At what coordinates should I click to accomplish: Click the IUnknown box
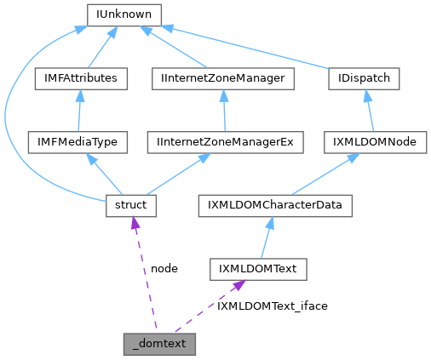pyautogui.click(x=125, y=14)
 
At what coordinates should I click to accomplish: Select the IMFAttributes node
pyautogui.click(x=80, y=78)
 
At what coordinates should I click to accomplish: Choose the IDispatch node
pyautogui.click(x=365, y=78)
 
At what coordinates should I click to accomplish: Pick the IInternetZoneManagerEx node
pyautogui.click(x=224, y=141)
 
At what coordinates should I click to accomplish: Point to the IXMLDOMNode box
pyautogui.click(x=375, y=141)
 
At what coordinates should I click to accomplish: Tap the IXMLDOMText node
pyautogui.click(x=258, y=269)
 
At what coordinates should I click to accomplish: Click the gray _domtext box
pyautogui.click(x=160, y=344)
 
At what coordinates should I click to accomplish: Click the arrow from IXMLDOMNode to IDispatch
pyautogui.click(x=370, y=111)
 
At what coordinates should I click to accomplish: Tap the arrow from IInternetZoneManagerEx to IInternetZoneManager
pyautogui.click(x=223, y=111)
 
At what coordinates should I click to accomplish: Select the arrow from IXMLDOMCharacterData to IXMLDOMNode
pyautogui.click(x=325, y=174)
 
